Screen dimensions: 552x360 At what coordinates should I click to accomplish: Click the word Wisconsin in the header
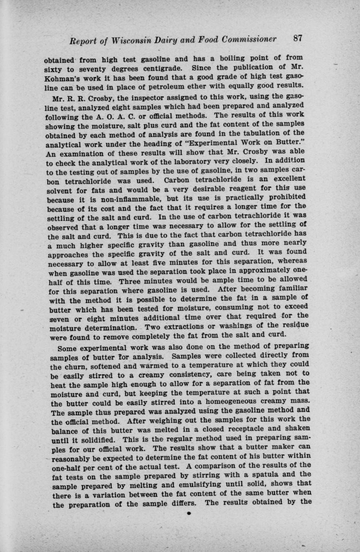click(x=122, y=41)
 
